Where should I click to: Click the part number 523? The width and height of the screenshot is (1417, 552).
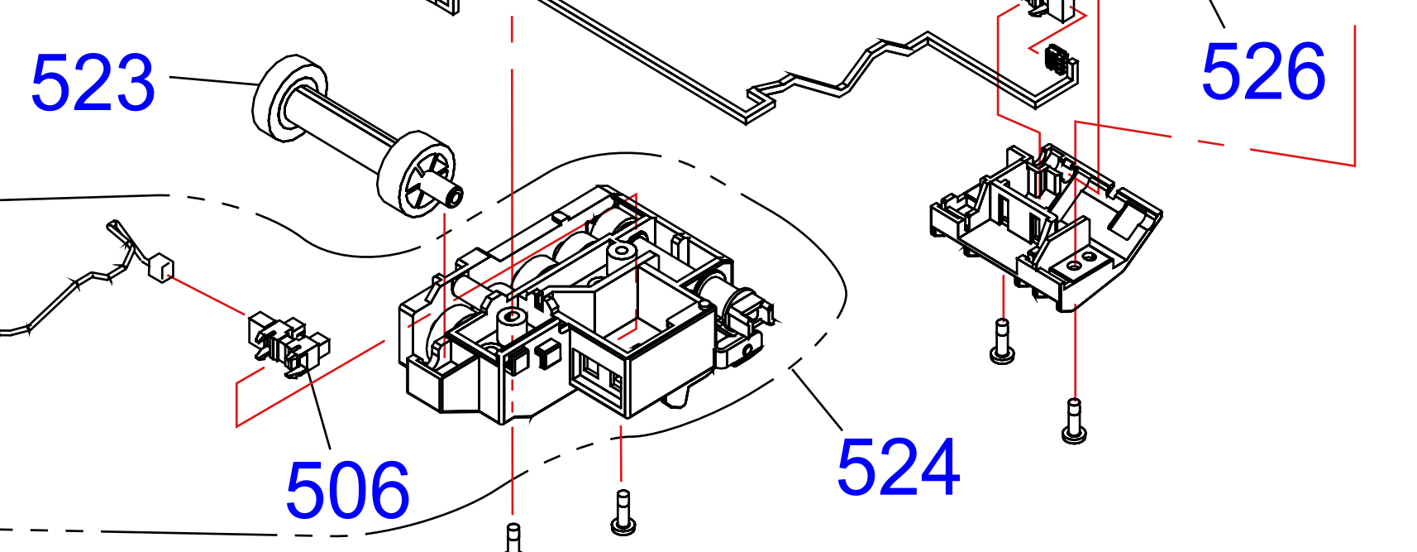93,83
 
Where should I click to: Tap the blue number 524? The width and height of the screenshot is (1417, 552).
899,468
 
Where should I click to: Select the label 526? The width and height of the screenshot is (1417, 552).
1262,71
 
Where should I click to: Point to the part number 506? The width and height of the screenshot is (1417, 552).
347,491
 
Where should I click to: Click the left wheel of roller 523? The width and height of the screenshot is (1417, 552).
289,100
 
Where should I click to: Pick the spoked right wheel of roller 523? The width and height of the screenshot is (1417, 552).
416,173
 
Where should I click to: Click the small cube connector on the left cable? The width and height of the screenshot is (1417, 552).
160,268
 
